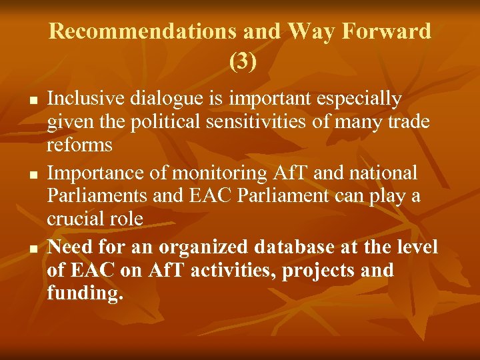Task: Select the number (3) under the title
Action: coord(241,61)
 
